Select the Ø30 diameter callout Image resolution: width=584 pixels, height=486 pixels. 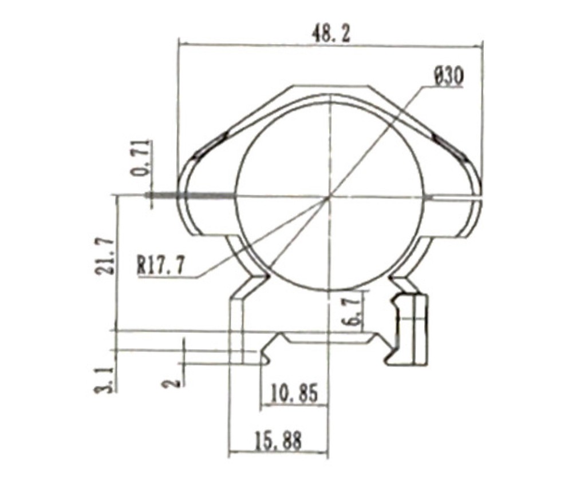(x=448, y=77)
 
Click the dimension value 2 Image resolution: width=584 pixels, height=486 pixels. (x=173, y=382)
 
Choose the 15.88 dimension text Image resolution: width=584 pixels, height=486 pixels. (x=278, y=441)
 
